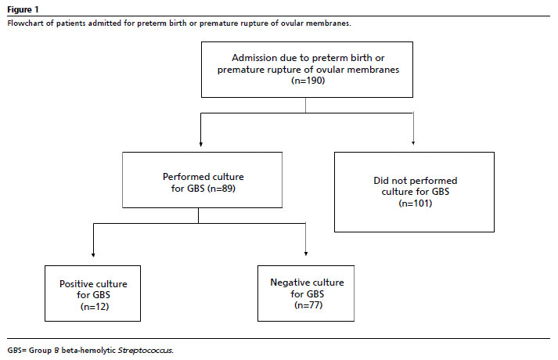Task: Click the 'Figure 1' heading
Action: pyautogui.click(x=23, y=9)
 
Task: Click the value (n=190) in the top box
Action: pyautogui.click(x=308, y=81)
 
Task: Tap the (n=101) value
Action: pyautogui.click(x=416, y=203)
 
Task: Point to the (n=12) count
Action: pyautogui.click(x=95, y=307)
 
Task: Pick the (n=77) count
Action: pyautogui.click(x=308, y=305)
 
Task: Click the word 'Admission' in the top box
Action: pyautogui.click(x=254, y=58)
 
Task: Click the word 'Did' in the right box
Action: pyautogui.click(x=380, y=181)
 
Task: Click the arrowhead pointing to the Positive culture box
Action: pyautogui.click(x=93, y=254)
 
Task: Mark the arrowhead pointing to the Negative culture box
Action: pyautogui.click(x=306, y=254)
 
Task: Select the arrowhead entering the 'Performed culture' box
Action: pyautogui.click(x=201, y=145)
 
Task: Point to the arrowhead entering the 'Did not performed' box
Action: pyautogui.click(x=413, y=143)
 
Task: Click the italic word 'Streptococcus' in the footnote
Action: pyautogui.click(x=146, y=351)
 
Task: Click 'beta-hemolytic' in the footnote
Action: pyautogui.click(x=88, y=351)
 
